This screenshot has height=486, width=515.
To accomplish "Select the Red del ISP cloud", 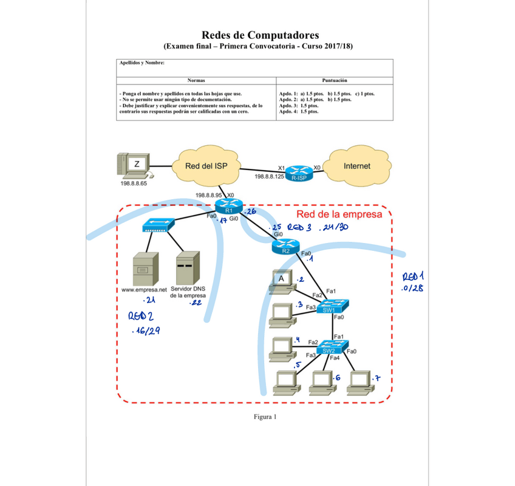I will [x=206, y=166].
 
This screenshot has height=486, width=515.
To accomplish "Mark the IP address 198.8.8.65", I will [x=134, y=183].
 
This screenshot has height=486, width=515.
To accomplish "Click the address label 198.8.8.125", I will [x=269, y=176].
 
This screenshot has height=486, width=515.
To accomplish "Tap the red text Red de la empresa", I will [x=339, y=214].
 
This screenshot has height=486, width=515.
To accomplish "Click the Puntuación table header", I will [x=335, y=80].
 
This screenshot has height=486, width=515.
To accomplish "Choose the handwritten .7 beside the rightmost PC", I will [x=377, y=379].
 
